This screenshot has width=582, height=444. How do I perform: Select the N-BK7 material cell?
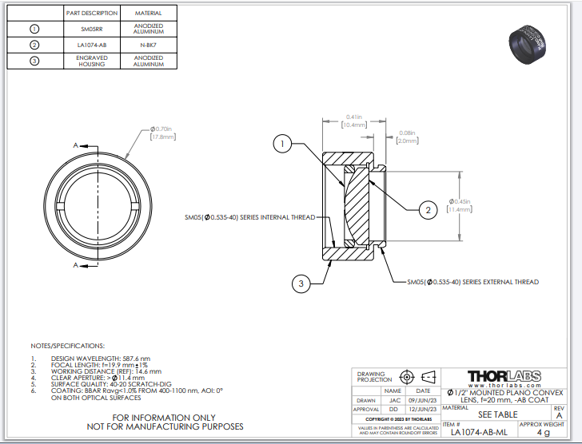pos(149,45)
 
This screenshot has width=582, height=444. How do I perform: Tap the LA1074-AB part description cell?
pos(92,45)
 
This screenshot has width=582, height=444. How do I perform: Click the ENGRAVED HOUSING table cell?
pos(92,61)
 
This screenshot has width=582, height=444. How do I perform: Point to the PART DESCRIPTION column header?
pos(92,14)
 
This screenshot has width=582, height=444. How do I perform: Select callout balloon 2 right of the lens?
pos(428,209)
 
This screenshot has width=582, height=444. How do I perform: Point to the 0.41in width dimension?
pos(354,120)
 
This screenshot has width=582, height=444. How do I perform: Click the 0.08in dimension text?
pos(407,133)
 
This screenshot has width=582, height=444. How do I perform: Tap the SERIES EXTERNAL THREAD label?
pos(472,282)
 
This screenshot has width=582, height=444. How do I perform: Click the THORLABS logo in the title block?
pos(504,376)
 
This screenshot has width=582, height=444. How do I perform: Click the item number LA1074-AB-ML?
pos(479,433)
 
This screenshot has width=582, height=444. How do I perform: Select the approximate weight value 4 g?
pos(544,433)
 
